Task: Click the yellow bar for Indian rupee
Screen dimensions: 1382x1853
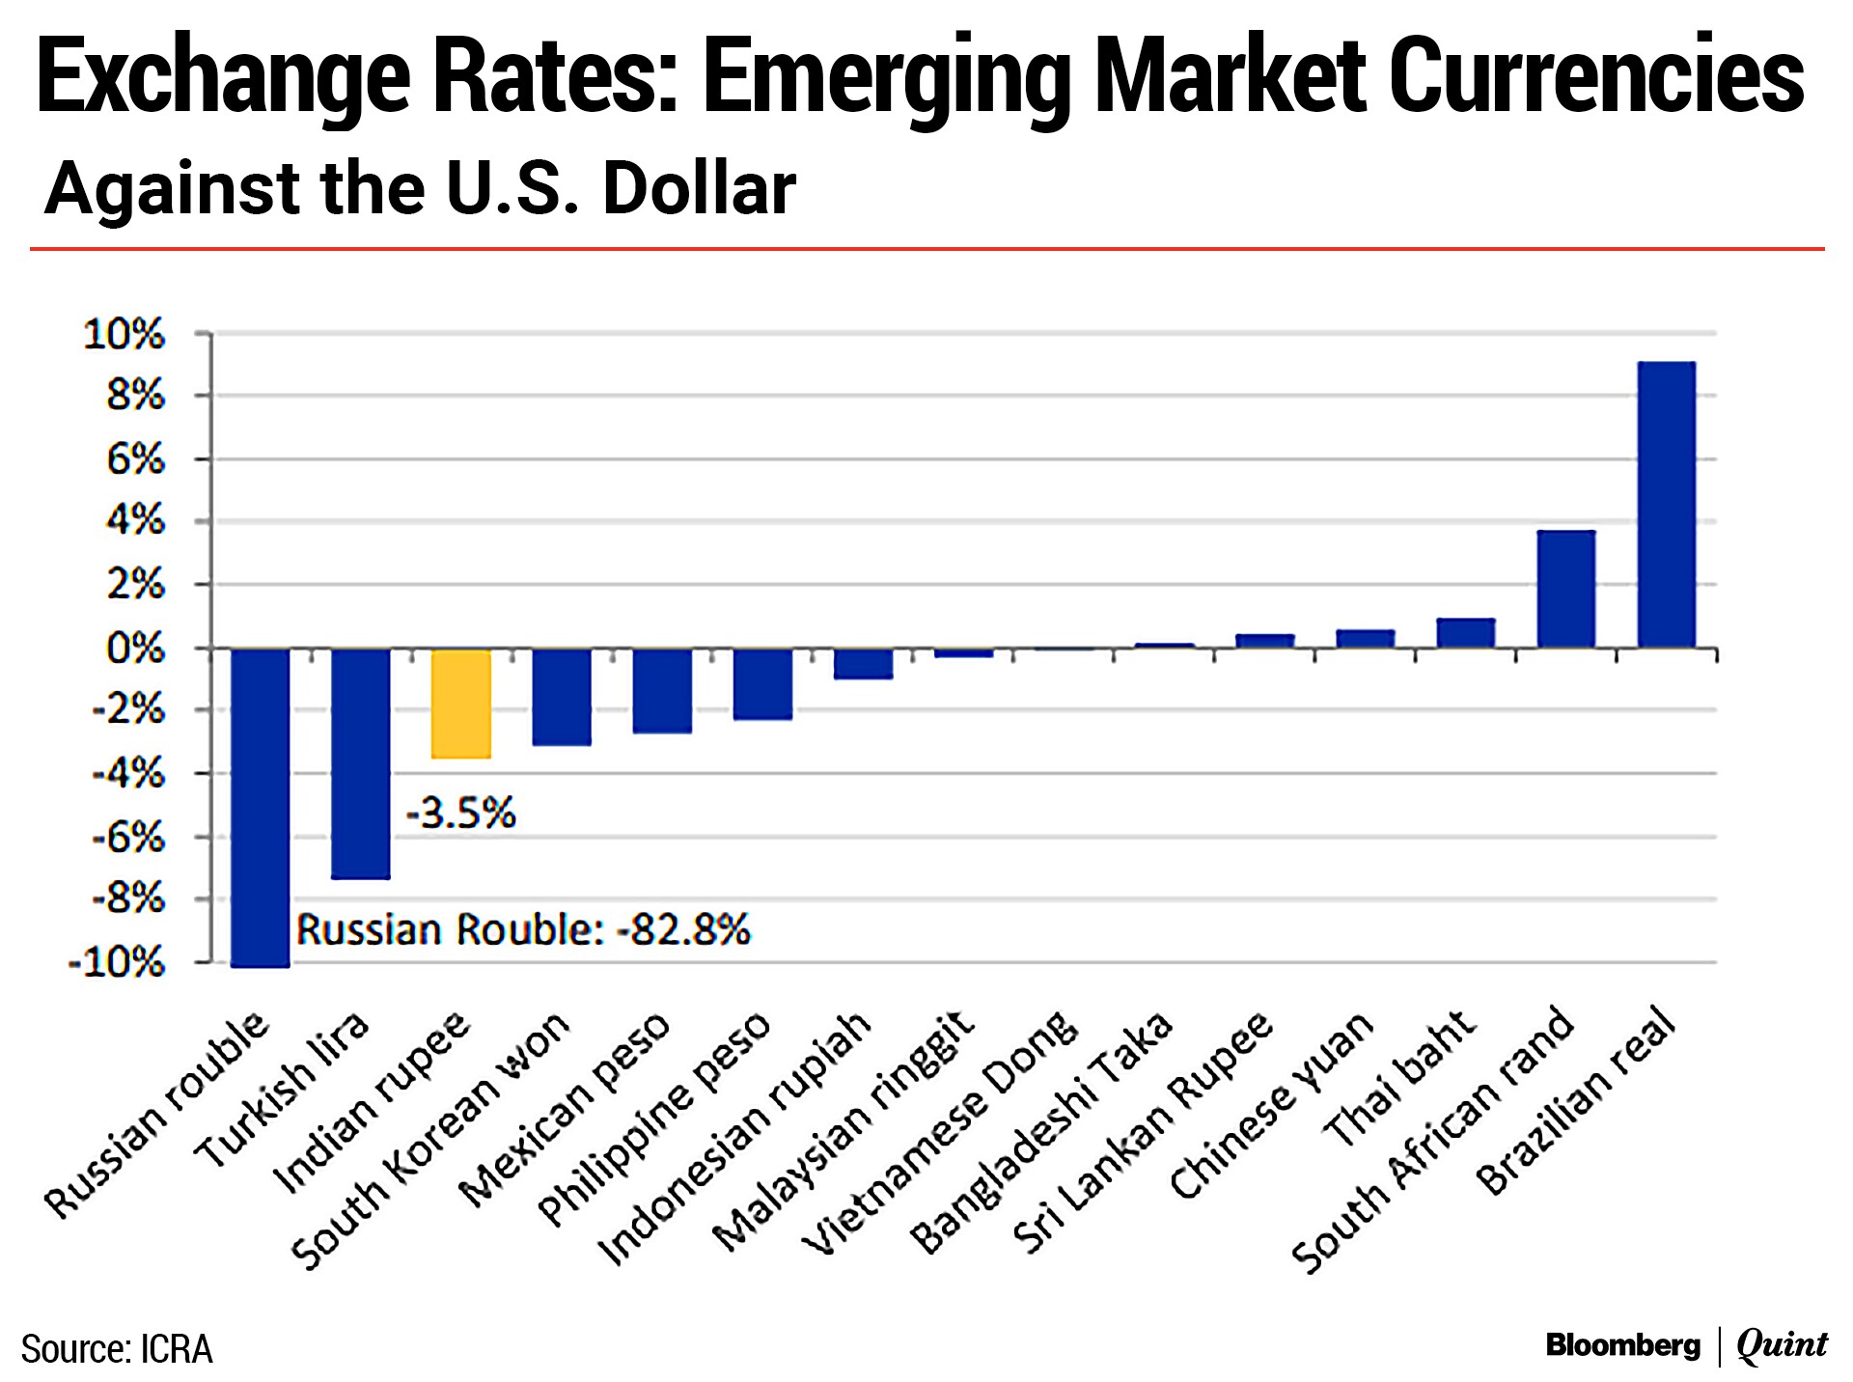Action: coord(460,703)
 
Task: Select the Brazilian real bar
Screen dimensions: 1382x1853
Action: coord(1667,504)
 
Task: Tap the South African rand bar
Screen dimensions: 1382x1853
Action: coord(1565,589)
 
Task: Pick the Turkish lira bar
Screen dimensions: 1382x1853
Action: coord(361,762)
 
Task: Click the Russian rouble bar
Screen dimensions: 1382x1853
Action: coord(261,806)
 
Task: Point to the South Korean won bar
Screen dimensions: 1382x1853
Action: coord(562,696)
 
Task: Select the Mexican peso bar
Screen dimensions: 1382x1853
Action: coord(662,690)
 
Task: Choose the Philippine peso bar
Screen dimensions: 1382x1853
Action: coord(762,683)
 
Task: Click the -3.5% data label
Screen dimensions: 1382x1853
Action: coord(460,814)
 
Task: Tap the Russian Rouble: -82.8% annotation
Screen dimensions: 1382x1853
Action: coord(522,929)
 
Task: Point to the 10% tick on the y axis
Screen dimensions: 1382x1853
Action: coord(124,335)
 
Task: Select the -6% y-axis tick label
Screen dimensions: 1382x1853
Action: coord(128,838)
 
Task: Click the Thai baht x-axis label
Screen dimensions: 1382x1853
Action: coord(1399,1078)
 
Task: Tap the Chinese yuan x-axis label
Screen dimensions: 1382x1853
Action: coord(1272,1105)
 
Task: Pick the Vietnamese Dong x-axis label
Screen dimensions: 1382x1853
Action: coord(941,1134)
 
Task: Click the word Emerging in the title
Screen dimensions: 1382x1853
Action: coord(887,77)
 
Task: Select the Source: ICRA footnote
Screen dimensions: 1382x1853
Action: coord(117,1348)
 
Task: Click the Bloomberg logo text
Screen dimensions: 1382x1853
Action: coord(1622,1344)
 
